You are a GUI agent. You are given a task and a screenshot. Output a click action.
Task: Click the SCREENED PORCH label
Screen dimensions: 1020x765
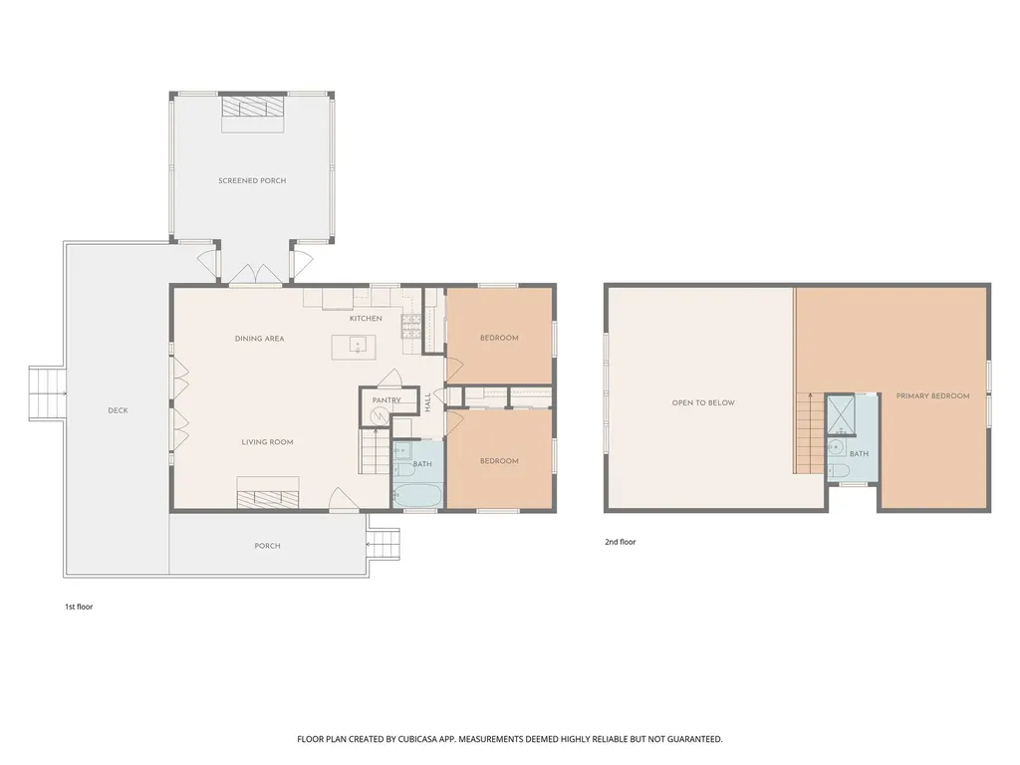click(252, 180)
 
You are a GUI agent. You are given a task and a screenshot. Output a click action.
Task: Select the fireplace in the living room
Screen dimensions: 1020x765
click(268, 492)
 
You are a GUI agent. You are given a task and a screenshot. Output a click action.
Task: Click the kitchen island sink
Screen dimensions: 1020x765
click(356, 345)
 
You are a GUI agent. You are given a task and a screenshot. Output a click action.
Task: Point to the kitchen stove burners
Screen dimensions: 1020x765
click(411, 326)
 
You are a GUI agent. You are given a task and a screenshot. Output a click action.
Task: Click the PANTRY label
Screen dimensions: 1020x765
click(386, 400)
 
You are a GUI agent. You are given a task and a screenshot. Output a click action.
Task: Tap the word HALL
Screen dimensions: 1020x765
click(428, 402)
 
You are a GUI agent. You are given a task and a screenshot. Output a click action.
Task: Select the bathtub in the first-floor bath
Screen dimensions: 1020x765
click(418, 495)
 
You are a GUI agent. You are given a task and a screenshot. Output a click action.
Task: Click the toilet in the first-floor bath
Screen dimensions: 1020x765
click(398, 470)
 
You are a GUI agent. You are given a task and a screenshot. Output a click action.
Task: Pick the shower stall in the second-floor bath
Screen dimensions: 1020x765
click(841, 414)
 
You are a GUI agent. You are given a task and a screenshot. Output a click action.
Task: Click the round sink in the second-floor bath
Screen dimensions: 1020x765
click(835, 447)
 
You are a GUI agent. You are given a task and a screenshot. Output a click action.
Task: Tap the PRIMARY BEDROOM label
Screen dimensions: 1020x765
click(932, 395)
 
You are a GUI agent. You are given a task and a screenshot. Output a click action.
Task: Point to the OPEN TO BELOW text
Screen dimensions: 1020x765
click(703, 402)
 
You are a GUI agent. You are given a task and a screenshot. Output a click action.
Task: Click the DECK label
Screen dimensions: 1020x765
click(118, 410)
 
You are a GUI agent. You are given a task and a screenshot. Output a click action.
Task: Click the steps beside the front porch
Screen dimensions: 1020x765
click(383, 544)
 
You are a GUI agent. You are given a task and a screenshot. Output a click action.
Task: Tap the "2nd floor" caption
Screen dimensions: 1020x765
click(621, 542)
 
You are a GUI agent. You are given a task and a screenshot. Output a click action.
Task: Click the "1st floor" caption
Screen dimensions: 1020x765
click(79, 607)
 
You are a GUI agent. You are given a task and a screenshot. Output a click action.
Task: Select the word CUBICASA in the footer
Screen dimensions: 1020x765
click(421, 739)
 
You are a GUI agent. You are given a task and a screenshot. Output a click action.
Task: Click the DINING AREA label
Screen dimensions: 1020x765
click(260, 339)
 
